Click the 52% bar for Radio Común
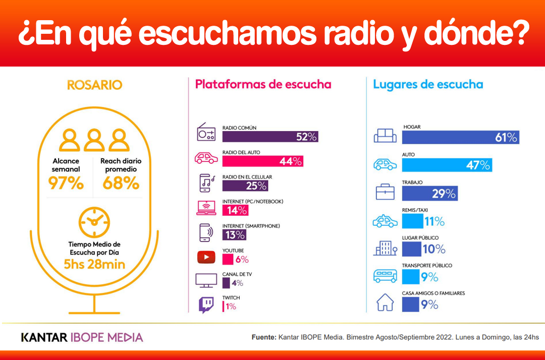point(270,137)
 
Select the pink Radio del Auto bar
point(262,161)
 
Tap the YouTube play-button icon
point(206,258)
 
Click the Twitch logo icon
point(206,305)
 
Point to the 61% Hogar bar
point(460,137)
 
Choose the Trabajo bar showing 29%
point(429,193)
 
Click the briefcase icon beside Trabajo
point(385,192)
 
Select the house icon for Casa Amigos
point(385,303)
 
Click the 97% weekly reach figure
point(66,184)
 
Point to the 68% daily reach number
point(121,184)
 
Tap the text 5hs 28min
point(94,264)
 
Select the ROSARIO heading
point(94,84)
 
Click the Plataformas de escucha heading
point(263,84)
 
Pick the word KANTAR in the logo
point(44,337)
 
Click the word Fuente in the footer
point(263,337)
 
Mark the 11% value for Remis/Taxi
point(434,221)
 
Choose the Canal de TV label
point(237,274)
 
